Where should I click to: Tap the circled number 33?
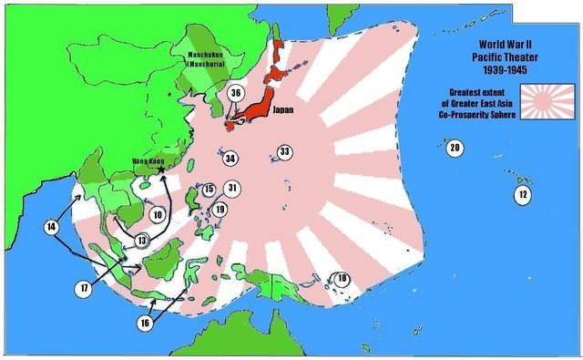pos(285,151)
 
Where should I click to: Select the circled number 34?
pos(230,159)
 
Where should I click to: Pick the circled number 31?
pos(232,189)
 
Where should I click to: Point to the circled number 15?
pos(209,190)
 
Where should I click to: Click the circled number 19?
pos(220,210)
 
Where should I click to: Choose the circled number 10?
pos(159,215)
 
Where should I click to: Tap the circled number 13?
pos(141,240)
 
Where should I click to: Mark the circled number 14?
pos(51,225)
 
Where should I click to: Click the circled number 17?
pos(84,288)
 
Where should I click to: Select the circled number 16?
pos(144,323)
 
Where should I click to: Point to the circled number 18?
pos(343,279)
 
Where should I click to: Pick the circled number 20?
pos(455,148)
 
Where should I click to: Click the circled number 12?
pos(522,195)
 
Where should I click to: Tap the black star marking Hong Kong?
pos(161,170)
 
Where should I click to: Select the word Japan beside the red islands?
pos(281,106)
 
